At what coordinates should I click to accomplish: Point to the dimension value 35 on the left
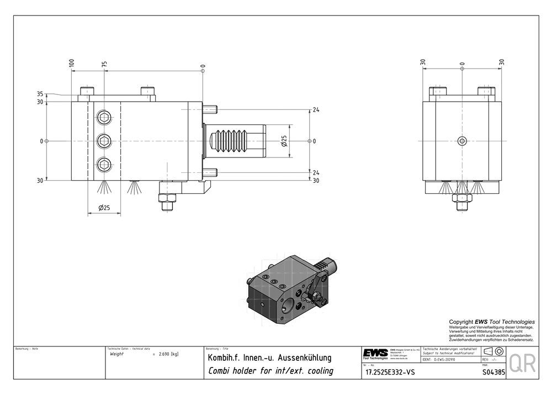[40, 94]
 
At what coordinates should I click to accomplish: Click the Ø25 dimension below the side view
[103, 208]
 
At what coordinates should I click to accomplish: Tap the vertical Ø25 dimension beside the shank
[284, 141]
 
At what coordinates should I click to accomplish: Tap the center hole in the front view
[463, 141]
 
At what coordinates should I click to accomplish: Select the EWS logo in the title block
[375, 354]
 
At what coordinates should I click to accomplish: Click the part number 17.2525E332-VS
[390, 372]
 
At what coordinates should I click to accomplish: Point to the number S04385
[493, 372]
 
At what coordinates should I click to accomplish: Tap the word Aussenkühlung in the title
[299, 357]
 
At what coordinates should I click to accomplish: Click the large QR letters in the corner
[521, 364]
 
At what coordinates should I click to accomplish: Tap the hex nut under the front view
[463, 198]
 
